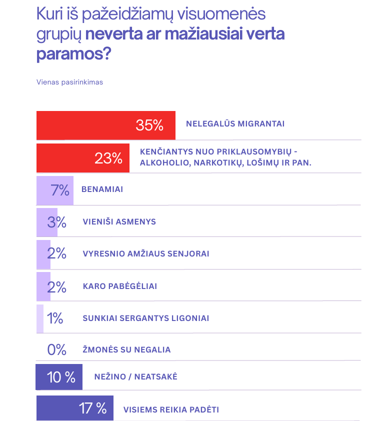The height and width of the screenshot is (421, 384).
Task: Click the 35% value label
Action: coord(149,125)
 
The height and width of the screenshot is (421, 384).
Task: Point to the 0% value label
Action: coord(56,349)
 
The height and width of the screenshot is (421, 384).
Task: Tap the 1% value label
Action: coord(54,318)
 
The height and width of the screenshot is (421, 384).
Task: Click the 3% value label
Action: coord(56,222)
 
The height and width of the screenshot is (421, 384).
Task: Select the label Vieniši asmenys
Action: coord(119,222)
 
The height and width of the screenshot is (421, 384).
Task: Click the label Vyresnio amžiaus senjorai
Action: coord(145,253)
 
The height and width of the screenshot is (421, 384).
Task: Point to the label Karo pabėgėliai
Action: coord(119,286)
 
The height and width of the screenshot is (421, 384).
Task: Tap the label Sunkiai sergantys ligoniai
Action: coord(145,318)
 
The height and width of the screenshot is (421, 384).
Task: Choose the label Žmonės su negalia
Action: coord(126,349)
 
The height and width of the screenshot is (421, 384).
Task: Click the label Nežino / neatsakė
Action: coord(135,376)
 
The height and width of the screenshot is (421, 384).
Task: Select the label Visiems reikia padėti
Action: coord(171,409)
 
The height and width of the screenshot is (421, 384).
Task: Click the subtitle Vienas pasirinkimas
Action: coord(69,82)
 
